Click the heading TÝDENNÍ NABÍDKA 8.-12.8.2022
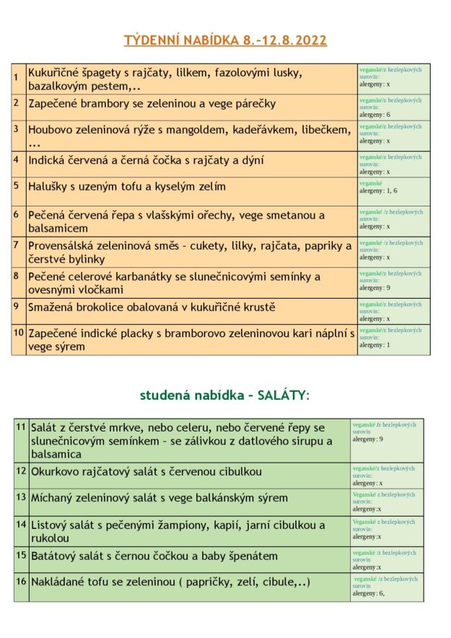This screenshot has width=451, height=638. [x=225, y=40]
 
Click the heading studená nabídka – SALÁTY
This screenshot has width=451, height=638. [x=224, y=395]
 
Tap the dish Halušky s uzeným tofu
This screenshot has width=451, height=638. [x=127, y=186]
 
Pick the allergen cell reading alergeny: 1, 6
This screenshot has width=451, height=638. [x=393, y=191]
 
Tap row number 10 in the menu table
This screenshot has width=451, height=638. [x=19, y=333]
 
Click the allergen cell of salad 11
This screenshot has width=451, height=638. [x=387, y=432]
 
